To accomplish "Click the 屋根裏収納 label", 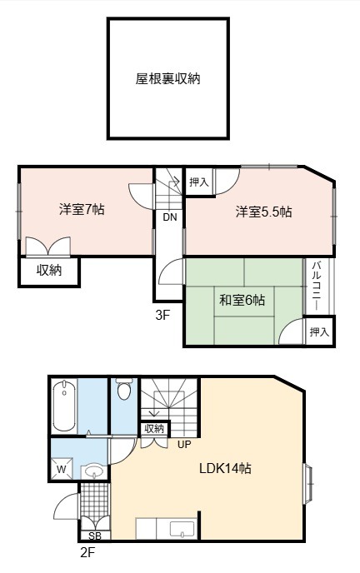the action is click(167, 78).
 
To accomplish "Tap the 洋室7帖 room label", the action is click(82, 210).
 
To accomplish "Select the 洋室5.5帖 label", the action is click(263, 212).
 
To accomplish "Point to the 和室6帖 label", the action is click(242, 300).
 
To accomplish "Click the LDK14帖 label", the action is click(225, 468).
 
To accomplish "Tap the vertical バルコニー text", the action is click(317, 286).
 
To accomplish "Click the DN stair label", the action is click(170, 217).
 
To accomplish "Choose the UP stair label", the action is click(184, 444).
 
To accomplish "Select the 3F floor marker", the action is click(163, 315).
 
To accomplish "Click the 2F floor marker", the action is click(87, 552).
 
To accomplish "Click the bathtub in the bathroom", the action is click(64, 406).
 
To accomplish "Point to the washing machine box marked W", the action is click(62, 468).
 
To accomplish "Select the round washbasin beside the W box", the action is click(94, 471).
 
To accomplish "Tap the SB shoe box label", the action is click(95, 536).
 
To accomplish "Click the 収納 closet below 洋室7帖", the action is click(49, 271).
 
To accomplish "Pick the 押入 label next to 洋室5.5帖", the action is click(199, 182).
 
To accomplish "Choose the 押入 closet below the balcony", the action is click(319, 331).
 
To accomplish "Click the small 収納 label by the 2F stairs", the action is click(154, 429).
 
